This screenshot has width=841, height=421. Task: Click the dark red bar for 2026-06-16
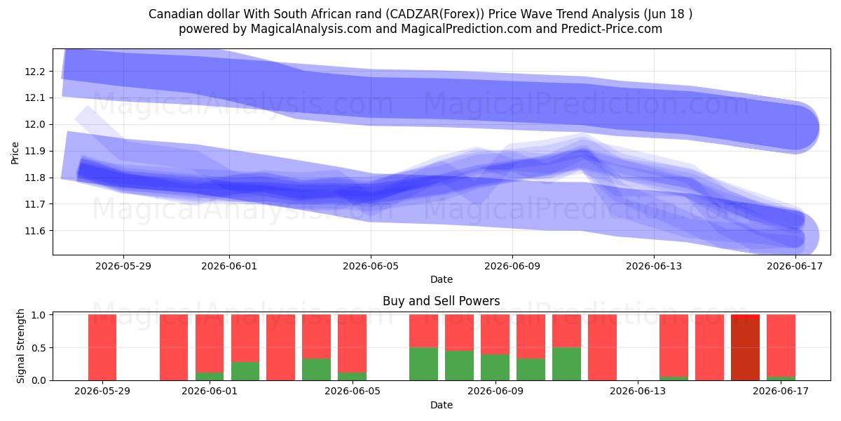coord(745,349)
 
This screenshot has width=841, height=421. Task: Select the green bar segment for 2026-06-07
coord(423,364)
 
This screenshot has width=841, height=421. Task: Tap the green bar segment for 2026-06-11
coord(566,364)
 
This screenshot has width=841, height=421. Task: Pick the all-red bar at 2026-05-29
coord(102,347)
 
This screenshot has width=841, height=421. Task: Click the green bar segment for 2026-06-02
coord(245,371)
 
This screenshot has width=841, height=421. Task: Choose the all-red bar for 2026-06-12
coord(602,347)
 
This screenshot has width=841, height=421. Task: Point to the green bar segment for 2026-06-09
coord(495,367)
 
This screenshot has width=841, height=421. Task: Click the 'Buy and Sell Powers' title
coord(441,301)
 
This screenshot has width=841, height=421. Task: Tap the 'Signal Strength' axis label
coord(20,346)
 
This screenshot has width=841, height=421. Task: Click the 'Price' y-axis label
coord(15,153)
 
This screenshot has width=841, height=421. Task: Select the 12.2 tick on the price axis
coord(34,72)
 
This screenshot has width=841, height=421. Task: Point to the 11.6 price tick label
coord(34,231)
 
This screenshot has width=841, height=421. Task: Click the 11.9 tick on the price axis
coord(34,151)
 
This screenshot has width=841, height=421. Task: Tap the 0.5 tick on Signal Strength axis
coord(39,348)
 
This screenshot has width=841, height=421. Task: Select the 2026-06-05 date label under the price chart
coord(371,266)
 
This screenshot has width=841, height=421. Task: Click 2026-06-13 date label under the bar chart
coord(638,392)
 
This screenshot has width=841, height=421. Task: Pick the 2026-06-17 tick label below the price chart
coord(795,266)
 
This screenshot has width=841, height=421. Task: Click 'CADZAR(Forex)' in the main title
coord(435,14)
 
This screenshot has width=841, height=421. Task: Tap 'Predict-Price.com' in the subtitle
coord(612,29)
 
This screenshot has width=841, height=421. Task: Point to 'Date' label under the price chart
coord(441,279)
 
